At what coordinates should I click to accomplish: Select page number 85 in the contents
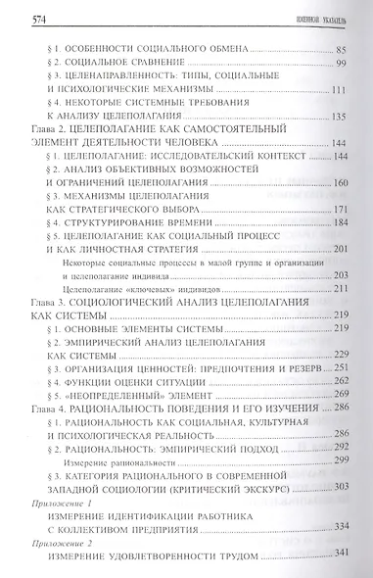[342, 49]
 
